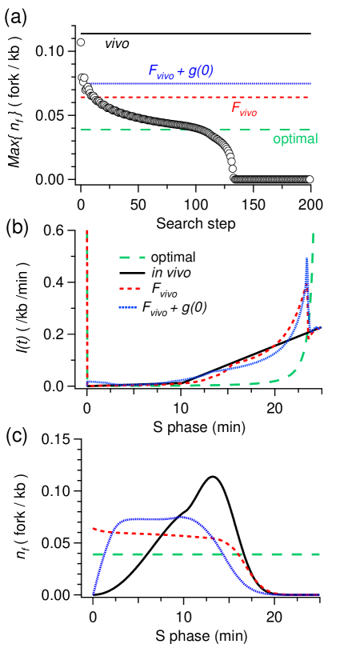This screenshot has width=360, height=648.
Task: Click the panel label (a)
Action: point(16,14)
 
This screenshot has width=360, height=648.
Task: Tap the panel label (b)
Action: point(17,226)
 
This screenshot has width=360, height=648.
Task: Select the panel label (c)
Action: point(17,434)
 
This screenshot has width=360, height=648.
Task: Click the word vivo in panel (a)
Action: point(116,43)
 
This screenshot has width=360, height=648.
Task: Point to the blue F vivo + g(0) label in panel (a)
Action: point(180,71)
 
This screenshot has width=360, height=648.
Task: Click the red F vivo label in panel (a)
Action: point(243,109)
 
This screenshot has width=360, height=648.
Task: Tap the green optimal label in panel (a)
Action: point(295,138)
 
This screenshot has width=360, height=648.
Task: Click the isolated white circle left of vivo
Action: point(81,42)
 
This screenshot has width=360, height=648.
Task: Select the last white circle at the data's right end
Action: point(310,179)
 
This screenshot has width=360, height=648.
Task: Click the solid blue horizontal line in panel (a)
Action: point(240,83)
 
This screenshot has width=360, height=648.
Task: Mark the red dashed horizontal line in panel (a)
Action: point(160,97)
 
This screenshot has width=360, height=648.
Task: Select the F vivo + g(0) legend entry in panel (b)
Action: point(173,308)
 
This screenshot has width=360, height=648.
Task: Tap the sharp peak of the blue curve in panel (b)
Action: point(306,259)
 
